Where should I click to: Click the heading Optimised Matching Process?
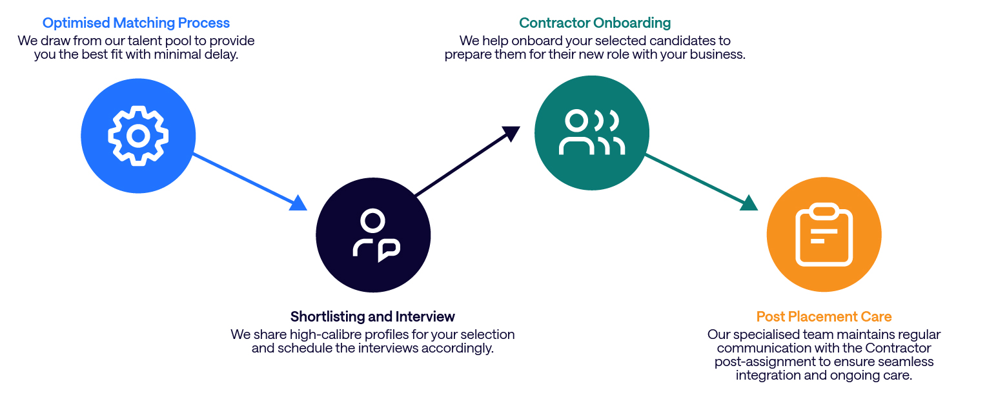click(x=136, y=23)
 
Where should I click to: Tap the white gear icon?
click(x=138, y=136)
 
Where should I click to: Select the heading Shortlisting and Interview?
click(x=372, y=316)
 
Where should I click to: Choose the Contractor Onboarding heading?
click(x=595, y=23)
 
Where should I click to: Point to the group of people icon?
click(x=591, y=132)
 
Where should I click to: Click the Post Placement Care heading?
click(x=824, y=316)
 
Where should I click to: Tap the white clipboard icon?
click(x=824, y=235)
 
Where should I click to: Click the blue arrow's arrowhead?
click(x=298, y=203)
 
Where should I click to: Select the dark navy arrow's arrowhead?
click(x=511, y=133)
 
